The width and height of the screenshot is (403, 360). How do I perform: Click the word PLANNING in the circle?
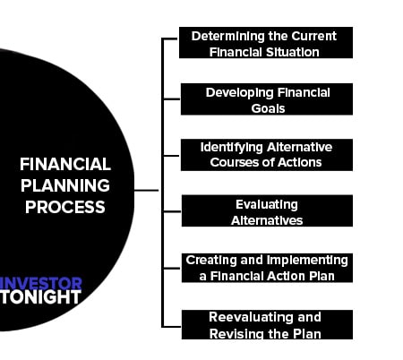pos(65,185)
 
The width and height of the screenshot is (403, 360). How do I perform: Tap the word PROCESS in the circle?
pos(65,207)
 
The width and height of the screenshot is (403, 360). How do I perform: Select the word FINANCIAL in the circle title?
pos(65,164)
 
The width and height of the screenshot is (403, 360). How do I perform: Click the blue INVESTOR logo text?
pos(40,283)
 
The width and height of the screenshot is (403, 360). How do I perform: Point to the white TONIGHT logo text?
pos(40,297)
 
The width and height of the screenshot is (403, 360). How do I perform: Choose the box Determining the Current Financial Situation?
pos(266,42)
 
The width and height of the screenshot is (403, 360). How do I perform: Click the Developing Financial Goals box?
pos(267,99)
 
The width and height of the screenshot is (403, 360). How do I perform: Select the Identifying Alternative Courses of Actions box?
pos(267,155)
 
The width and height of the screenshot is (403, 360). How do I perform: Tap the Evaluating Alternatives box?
pos(267,210)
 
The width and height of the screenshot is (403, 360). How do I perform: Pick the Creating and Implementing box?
pos(267,268)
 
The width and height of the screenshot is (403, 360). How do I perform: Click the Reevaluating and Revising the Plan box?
pos(267,324)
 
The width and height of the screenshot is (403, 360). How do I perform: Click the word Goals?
pos(268,108)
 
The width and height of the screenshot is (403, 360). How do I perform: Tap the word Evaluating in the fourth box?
pos(267,205)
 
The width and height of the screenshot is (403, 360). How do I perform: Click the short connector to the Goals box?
pos(172,99)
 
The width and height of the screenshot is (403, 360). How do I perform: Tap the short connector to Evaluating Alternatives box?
pos(173,211)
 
